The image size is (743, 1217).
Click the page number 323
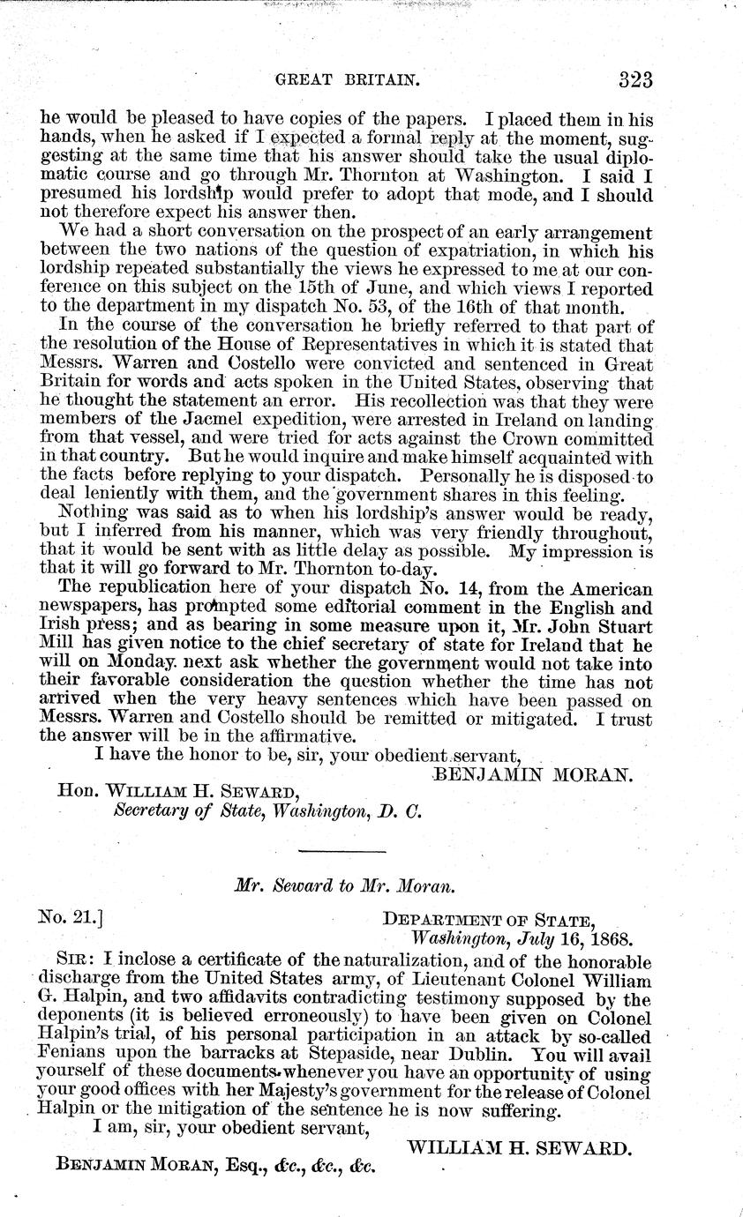point(624,79)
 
